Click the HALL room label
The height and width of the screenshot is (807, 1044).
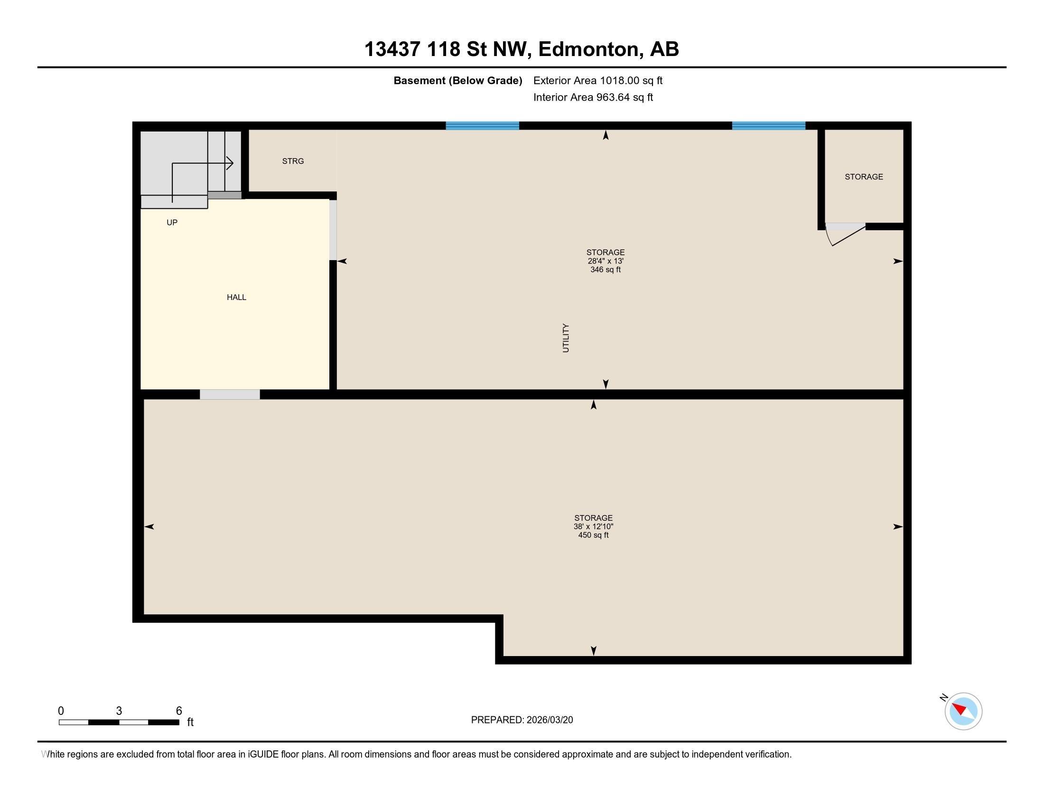click(236, 297)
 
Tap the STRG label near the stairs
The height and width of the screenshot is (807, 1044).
click(292, 161)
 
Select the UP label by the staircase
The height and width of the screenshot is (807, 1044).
click(172, 222)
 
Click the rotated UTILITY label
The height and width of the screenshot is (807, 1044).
click(566, 338)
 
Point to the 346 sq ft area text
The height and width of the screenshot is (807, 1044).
click(605, 270)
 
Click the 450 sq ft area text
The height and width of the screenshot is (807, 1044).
click(593, 535)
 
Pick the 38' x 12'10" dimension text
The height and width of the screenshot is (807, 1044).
click(593, 526)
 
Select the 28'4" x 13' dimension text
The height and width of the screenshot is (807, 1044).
click(605, 261)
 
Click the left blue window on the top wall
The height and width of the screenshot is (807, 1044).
click(482, 126)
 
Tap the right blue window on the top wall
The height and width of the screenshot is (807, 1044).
click(768, 126)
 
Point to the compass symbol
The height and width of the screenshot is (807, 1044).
click(963, 711)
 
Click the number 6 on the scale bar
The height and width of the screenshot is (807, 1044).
click(179, 711)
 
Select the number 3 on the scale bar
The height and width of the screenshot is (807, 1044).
click(119, 711)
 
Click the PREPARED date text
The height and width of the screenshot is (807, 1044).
click(522, 720)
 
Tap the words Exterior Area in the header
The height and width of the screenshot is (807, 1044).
click(565, 80)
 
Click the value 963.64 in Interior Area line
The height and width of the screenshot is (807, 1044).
click(613, 97)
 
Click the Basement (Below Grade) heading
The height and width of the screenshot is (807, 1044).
click(457, 80)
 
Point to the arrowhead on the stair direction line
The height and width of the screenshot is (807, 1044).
click(230, 163)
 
